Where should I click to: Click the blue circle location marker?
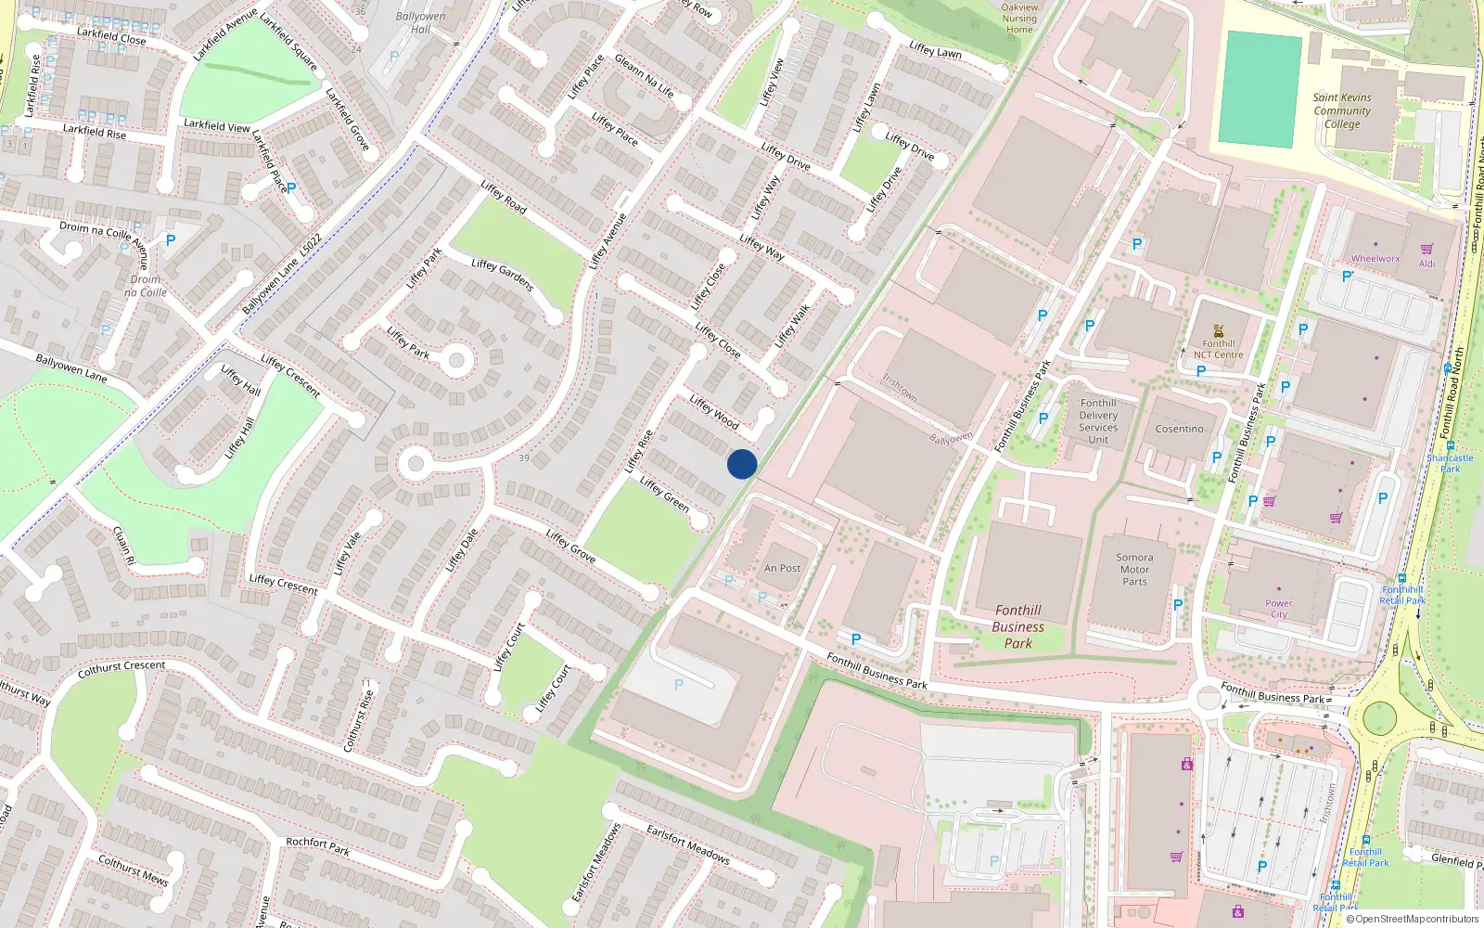742,464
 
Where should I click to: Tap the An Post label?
782,568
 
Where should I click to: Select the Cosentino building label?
1179,429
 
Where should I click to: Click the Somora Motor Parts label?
1134,570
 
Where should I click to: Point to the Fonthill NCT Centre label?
1218,349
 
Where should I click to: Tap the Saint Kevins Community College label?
1341,110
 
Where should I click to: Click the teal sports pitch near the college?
1260,89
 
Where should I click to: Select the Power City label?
1278,609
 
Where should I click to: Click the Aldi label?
1426,264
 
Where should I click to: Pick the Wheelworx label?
1375,259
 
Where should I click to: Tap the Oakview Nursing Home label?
1019,18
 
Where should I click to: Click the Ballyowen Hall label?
420,22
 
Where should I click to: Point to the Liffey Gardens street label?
502,275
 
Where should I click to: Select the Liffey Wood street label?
714,412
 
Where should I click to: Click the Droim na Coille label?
146,286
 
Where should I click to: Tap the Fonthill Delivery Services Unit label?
1098,421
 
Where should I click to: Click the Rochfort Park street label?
317,846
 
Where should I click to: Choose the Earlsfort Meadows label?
687,844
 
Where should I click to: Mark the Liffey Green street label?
664,495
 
